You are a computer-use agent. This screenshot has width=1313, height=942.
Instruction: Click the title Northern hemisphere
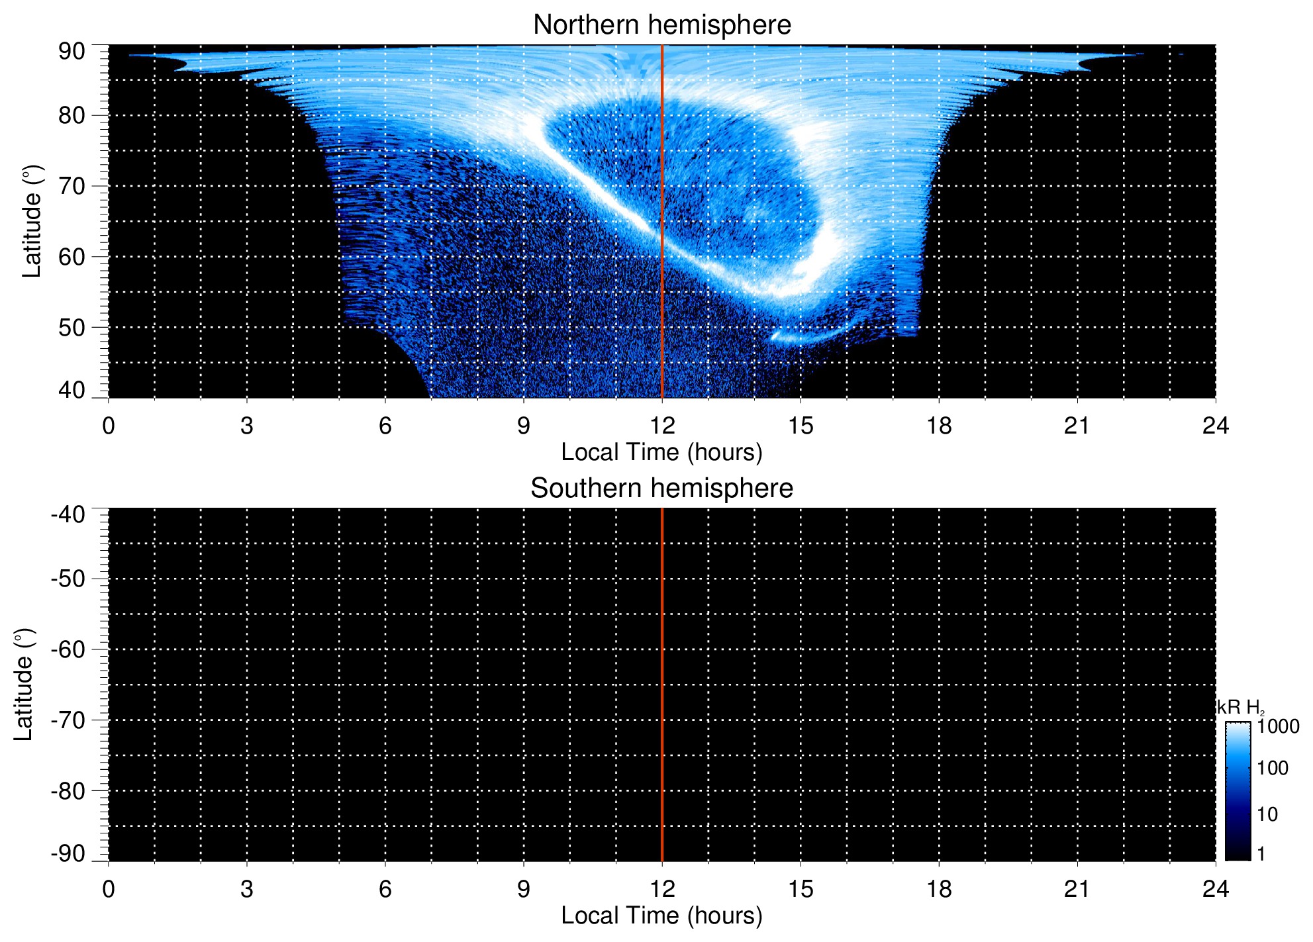pos(661,25)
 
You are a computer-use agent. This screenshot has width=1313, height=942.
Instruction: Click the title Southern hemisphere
pos(661,489)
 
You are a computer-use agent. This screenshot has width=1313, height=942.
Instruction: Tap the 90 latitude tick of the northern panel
pos(72,52)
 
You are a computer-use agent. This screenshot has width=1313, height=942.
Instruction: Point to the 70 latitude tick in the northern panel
pos(72,186)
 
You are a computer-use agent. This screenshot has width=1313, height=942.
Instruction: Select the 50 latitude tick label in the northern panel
pos(72,328)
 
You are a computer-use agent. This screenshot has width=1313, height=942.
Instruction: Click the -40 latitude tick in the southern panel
pos(68,514)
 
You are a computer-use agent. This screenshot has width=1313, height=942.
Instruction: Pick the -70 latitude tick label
pos(68,720)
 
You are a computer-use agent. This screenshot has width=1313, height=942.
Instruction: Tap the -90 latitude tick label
pos(68,854)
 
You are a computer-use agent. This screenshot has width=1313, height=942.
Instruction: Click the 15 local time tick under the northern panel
pos(801,426)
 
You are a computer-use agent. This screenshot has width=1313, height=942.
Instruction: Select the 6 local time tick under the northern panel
pos(385,426)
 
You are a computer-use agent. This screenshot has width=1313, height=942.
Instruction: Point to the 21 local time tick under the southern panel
pos(1077,889)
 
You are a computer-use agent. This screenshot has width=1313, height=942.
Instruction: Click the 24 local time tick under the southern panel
pos(1215,889)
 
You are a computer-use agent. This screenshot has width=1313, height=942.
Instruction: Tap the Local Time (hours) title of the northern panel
pos(661,452)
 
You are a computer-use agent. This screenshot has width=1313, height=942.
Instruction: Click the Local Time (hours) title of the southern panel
pos(661,916)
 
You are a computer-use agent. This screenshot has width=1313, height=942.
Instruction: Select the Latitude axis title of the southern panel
pos(23,684)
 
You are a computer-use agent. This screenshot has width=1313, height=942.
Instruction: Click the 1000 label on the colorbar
pos(1278,727)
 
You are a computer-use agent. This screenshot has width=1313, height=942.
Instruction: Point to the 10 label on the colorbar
pos(1267,814)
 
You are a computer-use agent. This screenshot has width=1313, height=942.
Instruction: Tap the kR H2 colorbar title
pos(1240,708)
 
